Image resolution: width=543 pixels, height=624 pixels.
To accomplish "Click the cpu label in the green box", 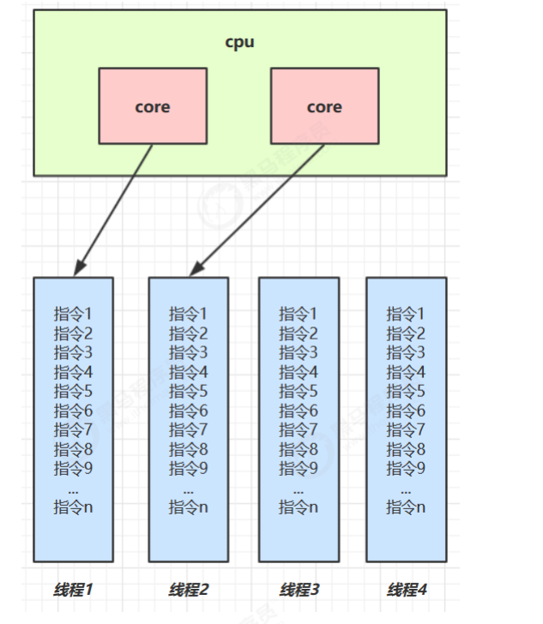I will [239, 42].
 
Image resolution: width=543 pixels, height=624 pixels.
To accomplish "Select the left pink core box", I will [153, 107].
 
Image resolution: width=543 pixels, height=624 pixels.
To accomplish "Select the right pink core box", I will [324, 107].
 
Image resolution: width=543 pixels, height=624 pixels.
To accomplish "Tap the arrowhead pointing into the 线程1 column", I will [77, 270].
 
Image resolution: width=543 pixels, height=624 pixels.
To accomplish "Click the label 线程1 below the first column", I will [73, 590].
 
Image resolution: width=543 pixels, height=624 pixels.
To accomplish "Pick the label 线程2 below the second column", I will [189, 590].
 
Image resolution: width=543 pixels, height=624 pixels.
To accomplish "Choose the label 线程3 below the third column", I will [299, 590].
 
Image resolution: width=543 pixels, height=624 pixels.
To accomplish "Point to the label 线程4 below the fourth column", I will [407, 590].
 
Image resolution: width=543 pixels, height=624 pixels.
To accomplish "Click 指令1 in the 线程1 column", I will [73, 315].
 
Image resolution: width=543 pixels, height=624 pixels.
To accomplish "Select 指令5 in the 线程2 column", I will [189, 391].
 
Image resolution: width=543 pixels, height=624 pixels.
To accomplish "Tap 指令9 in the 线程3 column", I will [299, 468].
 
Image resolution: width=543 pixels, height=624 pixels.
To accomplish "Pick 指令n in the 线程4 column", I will [406, 507].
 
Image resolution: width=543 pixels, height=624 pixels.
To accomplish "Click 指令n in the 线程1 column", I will [73, 507].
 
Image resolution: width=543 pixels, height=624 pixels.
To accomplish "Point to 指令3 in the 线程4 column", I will [406, 352].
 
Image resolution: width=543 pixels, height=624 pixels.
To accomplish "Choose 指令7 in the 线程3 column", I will [299, 429].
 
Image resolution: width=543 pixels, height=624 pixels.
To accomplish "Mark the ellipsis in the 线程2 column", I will [189, 489].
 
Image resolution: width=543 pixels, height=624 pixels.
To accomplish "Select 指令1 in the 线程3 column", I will [299, 315].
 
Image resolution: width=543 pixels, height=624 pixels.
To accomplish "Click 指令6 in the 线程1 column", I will [73, 411].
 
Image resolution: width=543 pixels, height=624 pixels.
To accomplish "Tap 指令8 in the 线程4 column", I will [406, 449].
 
